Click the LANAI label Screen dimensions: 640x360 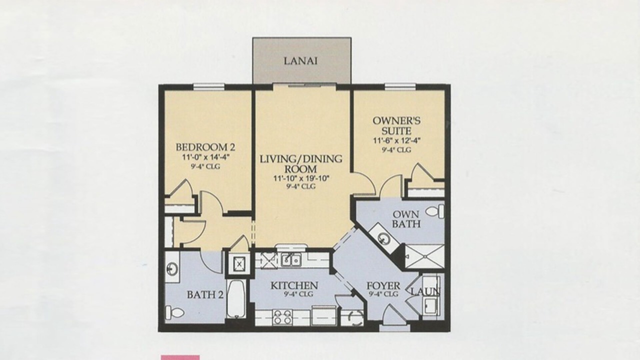(300, 61)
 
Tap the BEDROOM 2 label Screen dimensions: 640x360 (205, 147)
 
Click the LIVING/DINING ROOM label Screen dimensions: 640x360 (301, 163)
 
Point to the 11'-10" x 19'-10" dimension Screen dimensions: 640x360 (301, 178)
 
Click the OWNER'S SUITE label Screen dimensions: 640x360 (396, 125)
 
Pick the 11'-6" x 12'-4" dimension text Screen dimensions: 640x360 (397, 141)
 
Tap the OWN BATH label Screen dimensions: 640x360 (406, 219)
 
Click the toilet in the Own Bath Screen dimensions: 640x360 (435, 211)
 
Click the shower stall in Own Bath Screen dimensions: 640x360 (425, 256)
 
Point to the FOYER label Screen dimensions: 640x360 (383, 285)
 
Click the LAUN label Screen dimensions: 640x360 (425, 291)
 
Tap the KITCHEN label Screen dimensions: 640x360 (294, 285)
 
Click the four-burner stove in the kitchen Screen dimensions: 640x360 (282, 317)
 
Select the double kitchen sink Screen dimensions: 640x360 (291, 260)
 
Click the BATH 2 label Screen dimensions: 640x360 (205, 295)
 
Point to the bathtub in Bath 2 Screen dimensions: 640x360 (236, 299)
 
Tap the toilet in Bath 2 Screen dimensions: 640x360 (174, 313)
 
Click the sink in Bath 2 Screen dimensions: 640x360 (171, 269)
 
